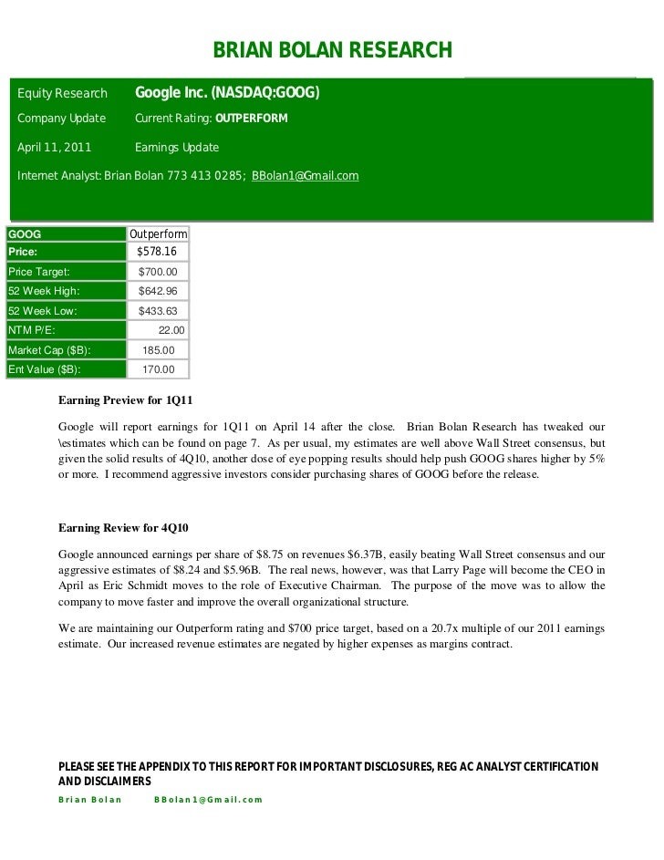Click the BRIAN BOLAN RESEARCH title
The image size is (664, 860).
click(332, 49)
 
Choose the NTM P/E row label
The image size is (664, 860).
click(32, 330)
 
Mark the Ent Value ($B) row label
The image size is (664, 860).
click(44, 369)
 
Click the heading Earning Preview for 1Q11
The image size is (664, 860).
click(125, 399)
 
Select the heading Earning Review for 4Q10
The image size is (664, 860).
click(123, 528)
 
